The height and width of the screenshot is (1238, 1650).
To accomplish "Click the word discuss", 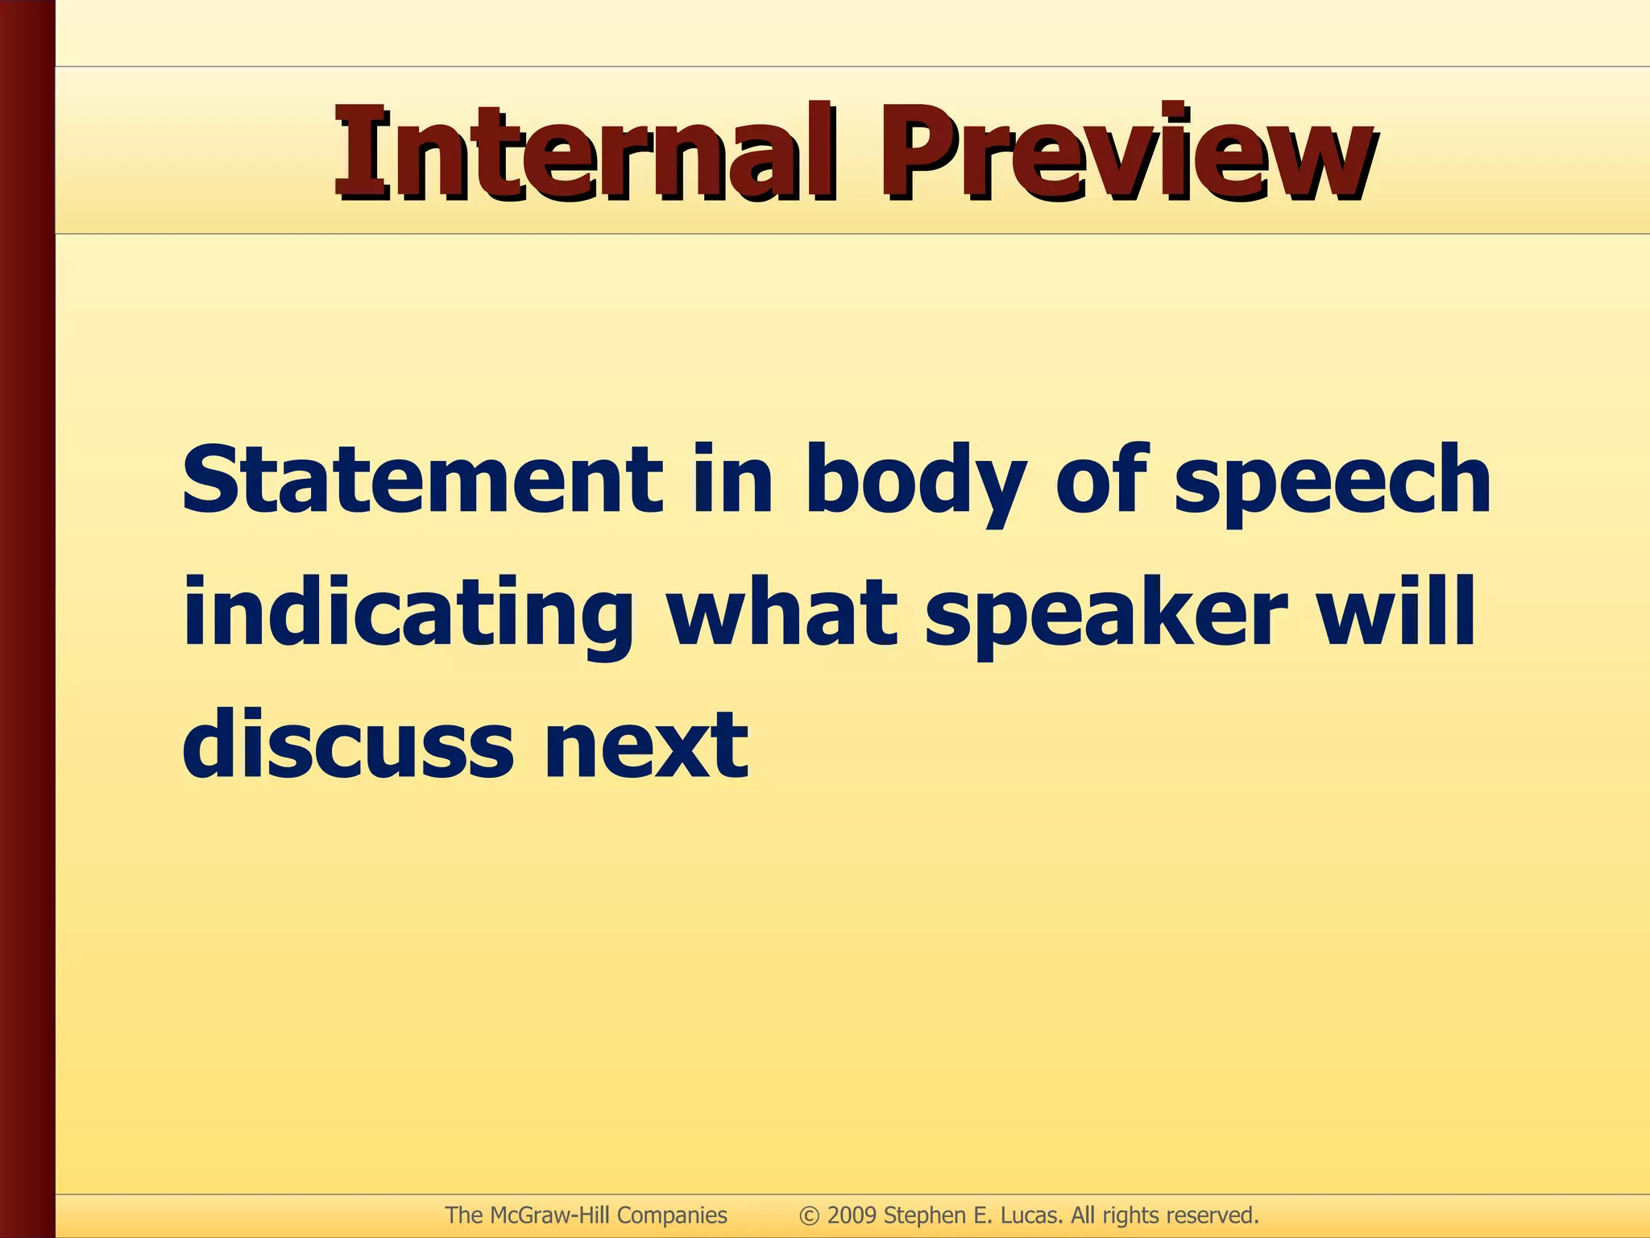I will [x=348, y=745].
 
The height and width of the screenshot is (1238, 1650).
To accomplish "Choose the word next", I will [x=646, y=746].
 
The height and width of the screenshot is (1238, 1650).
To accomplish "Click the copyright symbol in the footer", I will [x=809, y=1215].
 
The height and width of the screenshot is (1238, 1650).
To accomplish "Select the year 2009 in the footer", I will [x=852, y=1215].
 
